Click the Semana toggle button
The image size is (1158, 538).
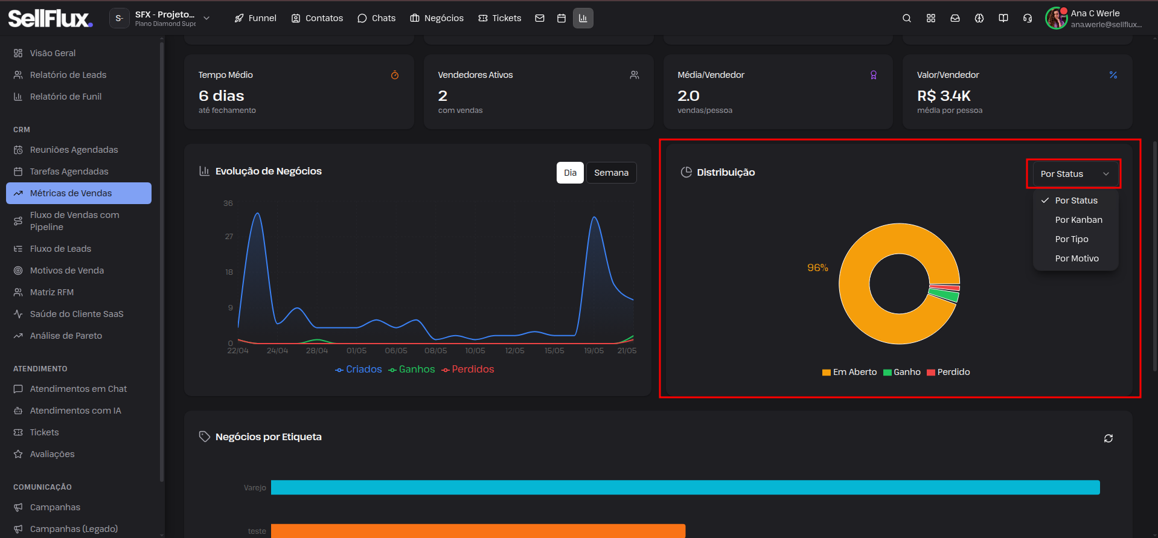(611, 173)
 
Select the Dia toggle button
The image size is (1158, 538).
(570, 173)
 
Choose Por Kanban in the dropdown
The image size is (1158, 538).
(1078, 220)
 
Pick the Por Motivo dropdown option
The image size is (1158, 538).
(1076, 258)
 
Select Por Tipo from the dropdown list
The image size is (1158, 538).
(1072, 239)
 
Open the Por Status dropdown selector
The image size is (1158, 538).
(1074, 174)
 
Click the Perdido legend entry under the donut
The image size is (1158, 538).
(948, 372)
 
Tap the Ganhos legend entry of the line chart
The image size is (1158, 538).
(412, 370)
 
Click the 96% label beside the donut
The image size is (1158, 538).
(817, 267)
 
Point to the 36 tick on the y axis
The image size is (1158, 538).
(228, 203)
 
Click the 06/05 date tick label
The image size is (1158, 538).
(396, 351)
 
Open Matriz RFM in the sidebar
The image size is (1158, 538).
(52, 292)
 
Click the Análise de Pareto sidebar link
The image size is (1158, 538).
(66, 336)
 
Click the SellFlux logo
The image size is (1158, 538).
(50, 18)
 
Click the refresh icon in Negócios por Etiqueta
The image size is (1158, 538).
(1108, 438)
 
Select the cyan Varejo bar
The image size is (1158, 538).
(685, 487)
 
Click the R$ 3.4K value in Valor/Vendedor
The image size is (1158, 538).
(944, 96)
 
